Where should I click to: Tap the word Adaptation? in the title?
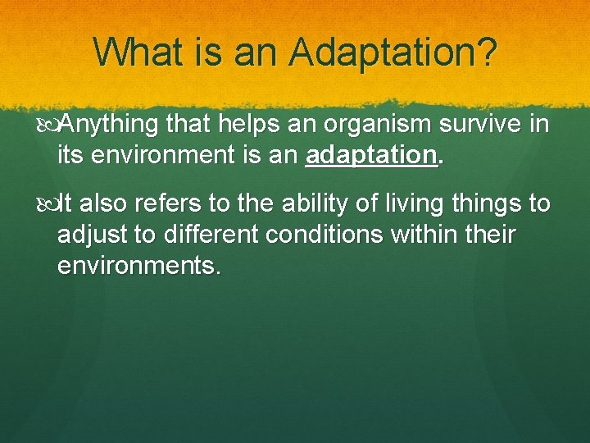pyautogui.click(x=393, y=53)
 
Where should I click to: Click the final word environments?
pyautogui.click(x=139, y=265)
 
